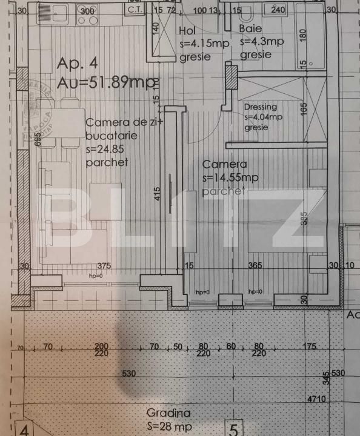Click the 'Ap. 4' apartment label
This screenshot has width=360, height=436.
tap(77, 63)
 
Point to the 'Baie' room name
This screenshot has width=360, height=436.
tap(250, 28)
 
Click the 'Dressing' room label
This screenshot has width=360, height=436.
tap(261, 107)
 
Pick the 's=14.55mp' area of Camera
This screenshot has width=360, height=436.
tap(230, 177)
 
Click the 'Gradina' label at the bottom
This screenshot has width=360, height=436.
tap(168, 413)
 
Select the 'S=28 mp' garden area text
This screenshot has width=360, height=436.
tap(170, 427)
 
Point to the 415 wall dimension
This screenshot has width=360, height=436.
tap(158, 194)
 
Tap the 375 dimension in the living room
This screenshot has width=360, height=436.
tap(105, 265)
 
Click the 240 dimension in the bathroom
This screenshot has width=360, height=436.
tap(278, 10)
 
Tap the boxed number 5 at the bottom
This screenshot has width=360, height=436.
tap(234, 430)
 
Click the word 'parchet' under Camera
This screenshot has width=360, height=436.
tap(224, 191)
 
